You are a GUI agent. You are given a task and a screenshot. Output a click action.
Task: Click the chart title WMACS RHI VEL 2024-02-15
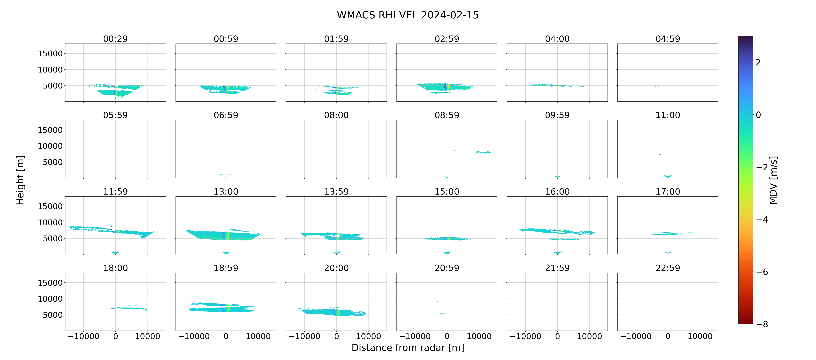point(408,15)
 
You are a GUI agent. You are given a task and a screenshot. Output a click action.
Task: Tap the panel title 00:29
point(115,39)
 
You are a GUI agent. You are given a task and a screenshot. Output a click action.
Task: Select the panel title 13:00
point(226,191)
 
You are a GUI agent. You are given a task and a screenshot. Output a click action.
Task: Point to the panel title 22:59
point(668,268)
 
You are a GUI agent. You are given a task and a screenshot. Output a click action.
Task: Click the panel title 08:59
point(447,115)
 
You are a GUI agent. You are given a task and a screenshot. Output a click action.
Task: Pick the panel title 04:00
point(557,39)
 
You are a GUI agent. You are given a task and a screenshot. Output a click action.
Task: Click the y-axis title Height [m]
point(20,180)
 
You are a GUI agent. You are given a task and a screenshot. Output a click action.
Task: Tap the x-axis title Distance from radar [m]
point(408,348)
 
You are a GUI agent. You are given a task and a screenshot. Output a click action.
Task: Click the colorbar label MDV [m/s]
point(773,180)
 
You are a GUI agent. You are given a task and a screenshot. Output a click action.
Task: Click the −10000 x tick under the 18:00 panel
point(84,336)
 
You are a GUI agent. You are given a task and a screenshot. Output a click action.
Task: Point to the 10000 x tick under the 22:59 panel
point(700,336)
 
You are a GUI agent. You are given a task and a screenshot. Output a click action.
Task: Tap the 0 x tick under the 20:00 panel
point(336,336)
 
